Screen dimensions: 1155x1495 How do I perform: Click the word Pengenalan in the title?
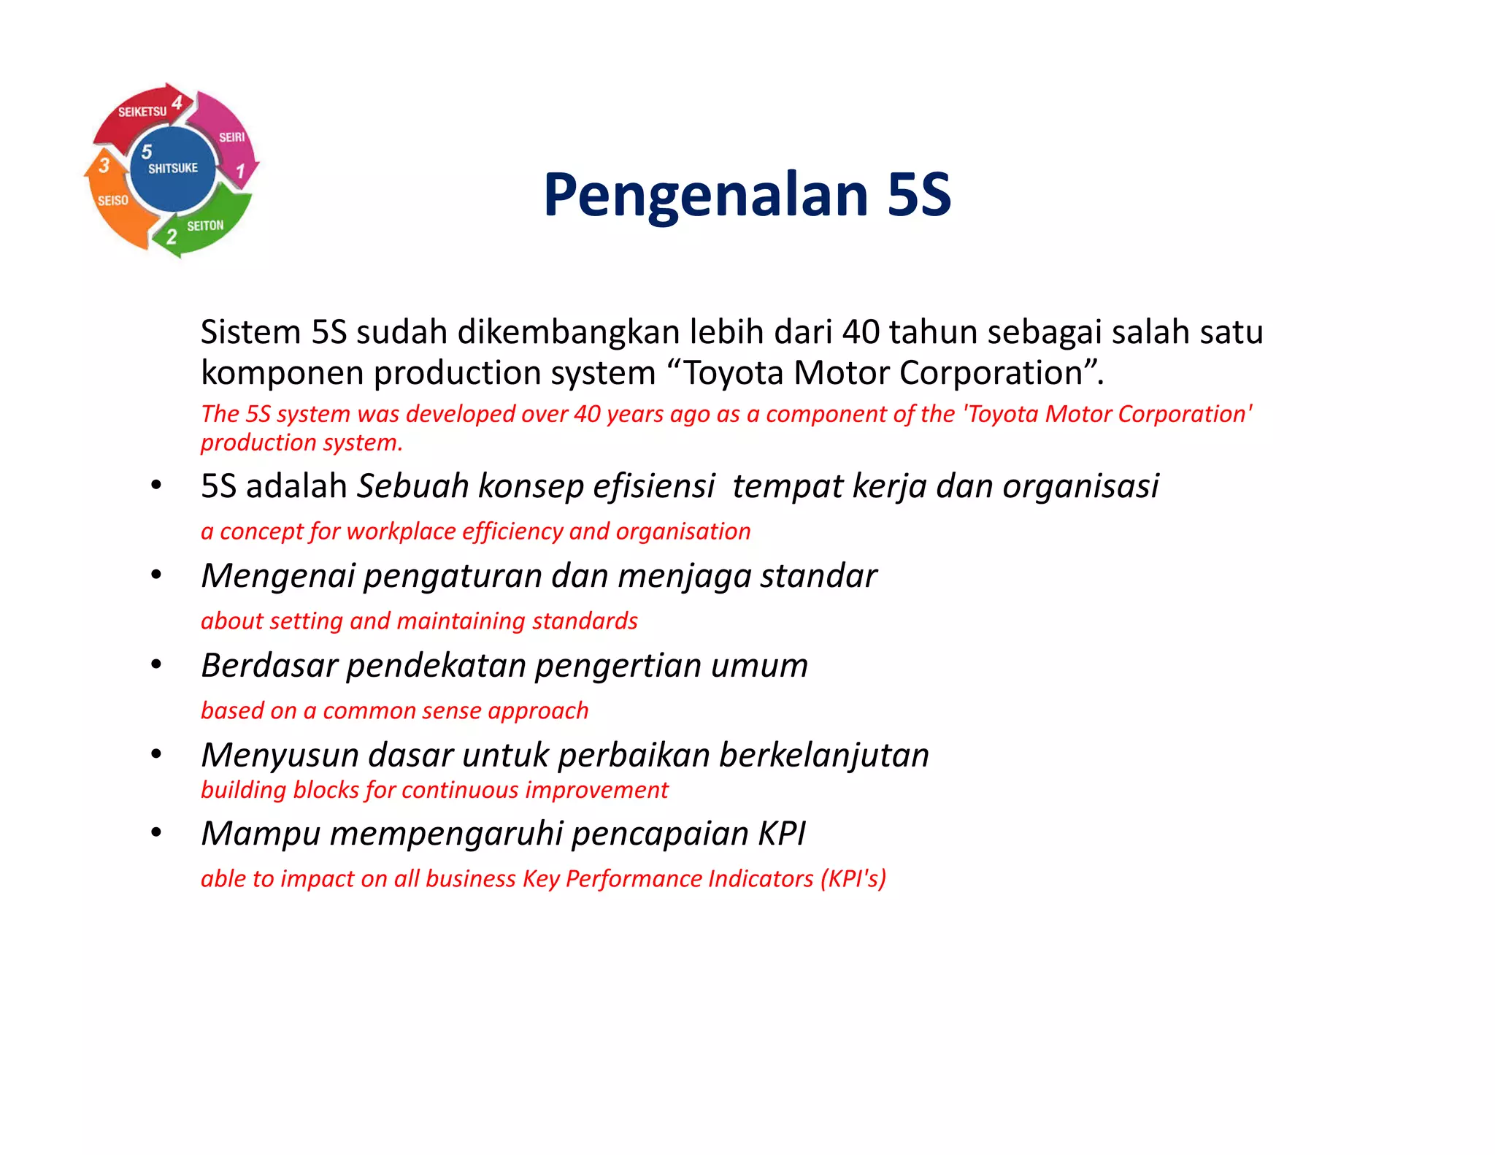coord(705,195)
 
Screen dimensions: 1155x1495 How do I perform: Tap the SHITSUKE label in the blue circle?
coord(173,169)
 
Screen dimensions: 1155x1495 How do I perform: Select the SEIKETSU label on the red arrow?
coord(142,112)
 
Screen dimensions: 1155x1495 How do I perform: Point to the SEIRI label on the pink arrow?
coord(232,137)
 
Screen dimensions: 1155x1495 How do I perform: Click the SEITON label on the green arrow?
coord(205,226)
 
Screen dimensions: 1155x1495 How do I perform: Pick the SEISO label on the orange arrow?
coord(113,201)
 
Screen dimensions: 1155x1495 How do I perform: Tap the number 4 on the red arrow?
coord(177,102)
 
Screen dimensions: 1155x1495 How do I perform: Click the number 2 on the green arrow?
coord(172,237)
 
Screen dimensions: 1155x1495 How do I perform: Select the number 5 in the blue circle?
coord(147,151)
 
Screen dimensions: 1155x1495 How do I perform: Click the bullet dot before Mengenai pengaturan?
coord(155,575)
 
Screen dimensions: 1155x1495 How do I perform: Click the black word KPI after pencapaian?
coord(782,834)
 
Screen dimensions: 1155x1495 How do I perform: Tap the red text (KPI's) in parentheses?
coord(853,878)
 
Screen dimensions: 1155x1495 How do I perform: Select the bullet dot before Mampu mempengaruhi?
coord(155,833)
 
